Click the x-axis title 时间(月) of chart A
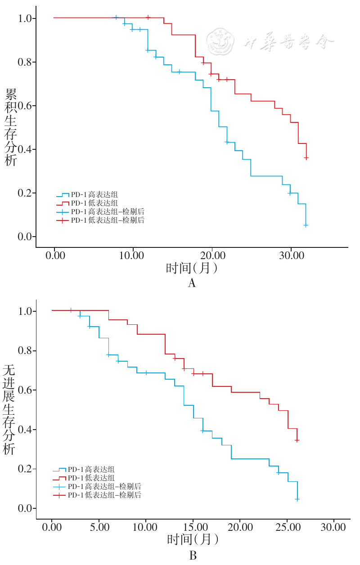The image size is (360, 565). (x=192, y=269)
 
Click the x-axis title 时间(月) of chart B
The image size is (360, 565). (x=193, y=539)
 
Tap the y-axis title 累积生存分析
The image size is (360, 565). (x=11, y=127)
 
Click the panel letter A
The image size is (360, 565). (x=192, y=283)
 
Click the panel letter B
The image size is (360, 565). (x=193, y=556)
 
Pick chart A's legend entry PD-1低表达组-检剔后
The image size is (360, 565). (x=108, y=220)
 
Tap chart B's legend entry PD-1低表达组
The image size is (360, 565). (x=91, y=478)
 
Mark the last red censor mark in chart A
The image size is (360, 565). (x=306, y=158)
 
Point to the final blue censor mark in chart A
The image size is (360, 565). (x=306, y=225)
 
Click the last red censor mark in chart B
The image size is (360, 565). (x=297, y=440)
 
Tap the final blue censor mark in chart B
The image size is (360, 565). (x=297, y=499)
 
